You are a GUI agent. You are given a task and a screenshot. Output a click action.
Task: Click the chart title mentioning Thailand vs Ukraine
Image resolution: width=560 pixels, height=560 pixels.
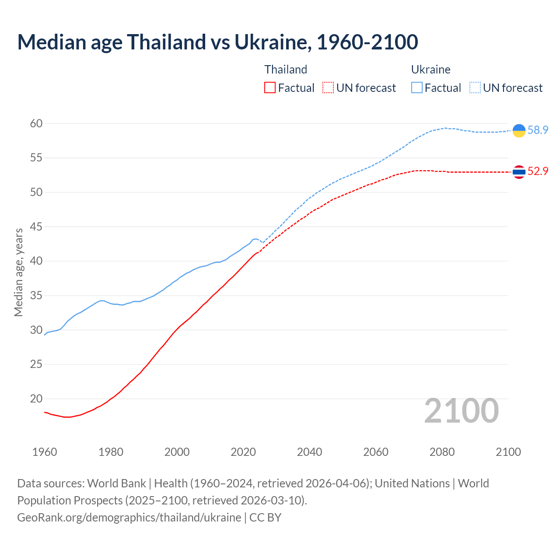(217, 42)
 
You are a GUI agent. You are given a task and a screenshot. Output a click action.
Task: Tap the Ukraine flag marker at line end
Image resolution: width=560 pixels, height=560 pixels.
(519, 130)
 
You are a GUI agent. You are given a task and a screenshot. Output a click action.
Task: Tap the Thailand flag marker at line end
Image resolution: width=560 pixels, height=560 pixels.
(519, 172)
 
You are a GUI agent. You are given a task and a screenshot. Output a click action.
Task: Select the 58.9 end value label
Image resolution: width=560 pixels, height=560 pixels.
(538, 130)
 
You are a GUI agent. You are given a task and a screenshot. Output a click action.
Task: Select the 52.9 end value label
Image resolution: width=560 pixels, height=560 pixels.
(538, 171)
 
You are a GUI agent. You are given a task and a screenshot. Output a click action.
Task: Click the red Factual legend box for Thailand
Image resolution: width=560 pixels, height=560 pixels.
(270, 88)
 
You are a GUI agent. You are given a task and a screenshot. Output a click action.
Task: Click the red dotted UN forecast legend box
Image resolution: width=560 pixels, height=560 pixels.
(328, 88)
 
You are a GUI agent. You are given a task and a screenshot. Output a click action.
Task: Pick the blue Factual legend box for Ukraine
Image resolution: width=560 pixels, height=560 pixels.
(417, 88)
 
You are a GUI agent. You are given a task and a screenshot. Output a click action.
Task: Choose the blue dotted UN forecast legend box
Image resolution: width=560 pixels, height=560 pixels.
(475, 88)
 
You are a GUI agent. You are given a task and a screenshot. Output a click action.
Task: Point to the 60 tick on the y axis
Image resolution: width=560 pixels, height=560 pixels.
(36, 124)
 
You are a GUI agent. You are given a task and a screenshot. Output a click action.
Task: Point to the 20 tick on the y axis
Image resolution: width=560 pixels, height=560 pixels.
(36, 399)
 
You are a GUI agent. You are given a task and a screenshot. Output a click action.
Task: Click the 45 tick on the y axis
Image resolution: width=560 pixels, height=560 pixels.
(36, 227)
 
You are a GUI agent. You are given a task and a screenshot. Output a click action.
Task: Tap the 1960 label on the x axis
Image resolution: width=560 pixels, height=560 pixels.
(45, 452)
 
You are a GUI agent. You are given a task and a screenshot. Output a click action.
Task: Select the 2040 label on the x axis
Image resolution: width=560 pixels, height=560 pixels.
(309, 452)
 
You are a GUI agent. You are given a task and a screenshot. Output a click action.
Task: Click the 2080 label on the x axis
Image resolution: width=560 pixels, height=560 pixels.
(442, 452)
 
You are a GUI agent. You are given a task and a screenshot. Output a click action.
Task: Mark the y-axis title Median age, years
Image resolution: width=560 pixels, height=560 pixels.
(18, 272)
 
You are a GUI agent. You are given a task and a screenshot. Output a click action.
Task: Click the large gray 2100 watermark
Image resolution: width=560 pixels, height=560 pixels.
(461, 411)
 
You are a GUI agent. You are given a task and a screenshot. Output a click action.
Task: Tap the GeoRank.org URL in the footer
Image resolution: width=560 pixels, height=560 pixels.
(129, 518)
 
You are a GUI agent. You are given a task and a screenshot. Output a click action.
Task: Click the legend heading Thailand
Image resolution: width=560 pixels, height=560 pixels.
(286, 70)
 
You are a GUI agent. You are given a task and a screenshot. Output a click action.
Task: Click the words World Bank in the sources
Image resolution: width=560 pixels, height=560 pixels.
(116, 483)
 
